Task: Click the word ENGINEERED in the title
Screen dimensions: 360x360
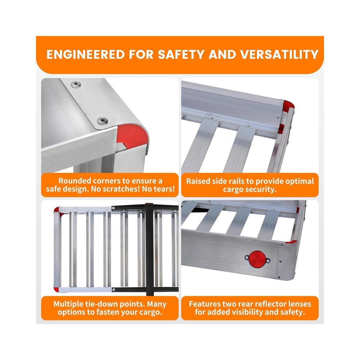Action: (x=86, y=55)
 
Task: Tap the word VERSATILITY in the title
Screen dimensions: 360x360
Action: (x=279, y=55)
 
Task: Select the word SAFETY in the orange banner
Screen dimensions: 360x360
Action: (x=181, y=55)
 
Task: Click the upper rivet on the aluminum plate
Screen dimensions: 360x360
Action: (x=76, y=85)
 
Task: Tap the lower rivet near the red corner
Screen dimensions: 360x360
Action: (x=102, y=121)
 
